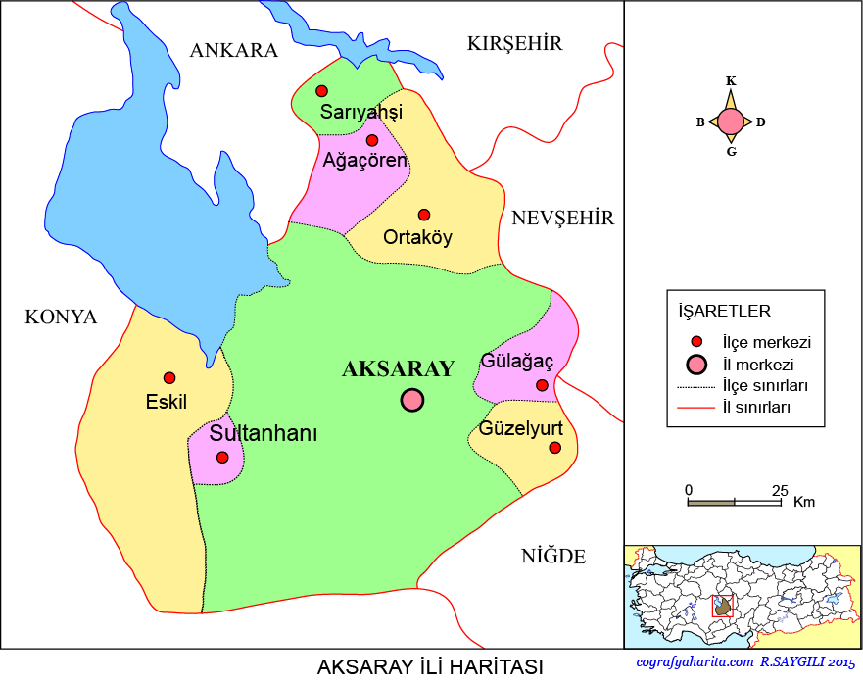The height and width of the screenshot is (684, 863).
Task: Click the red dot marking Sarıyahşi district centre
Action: point(321,91)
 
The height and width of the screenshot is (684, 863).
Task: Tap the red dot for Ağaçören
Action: point(372,141)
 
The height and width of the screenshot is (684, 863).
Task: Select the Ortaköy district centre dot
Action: point(424,215)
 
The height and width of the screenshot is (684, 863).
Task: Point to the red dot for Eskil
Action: point(169,378)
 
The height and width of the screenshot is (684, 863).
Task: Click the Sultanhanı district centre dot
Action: point(222,457)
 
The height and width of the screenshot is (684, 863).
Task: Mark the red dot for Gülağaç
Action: point(542,385)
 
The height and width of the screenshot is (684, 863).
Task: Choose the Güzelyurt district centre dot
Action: point(555,448)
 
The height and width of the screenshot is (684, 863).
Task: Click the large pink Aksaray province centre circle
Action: point(411,400)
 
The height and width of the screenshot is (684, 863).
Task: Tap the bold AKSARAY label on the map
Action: point(398,369)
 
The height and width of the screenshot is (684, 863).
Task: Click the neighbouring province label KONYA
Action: point(61,318)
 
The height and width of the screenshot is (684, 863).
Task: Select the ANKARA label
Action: point(234,51)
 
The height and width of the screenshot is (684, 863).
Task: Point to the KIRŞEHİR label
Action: point(515,44)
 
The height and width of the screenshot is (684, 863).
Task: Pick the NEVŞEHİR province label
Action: point(563,219)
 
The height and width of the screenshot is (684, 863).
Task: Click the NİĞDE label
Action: point(553,558)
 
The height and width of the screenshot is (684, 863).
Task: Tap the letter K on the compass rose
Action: point(731,81)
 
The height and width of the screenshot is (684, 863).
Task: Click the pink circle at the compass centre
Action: point(731,122)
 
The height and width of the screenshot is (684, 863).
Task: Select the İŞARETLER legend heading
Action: point(725,312)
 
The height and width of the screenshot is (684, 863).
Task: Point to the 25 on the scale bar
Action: point(780,489)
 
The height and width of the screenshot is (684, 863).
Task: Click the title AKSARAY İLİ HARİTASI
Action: point(430,667)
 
